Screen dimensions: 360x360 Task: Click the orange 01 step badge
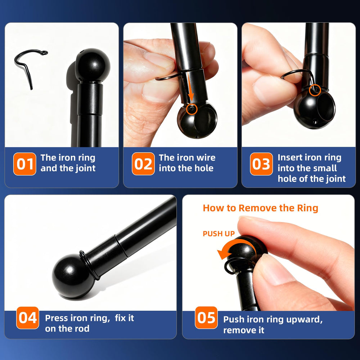click(x=24, y=164)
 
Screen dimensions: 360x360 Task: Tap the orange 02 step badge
click(x=143, y=164)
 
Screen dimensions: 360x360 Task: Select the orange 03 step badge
click(x=261, y=164)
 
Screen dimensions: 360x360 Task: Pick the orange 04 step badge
click(x=28, y=318)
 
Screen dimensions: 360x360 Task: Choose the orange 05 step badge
click(x=206, y=318)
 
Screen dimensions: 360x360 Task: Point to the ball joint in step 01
click(x=93, y=65)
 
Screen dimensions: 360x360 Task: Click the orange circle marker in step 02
click(x=192, y=109)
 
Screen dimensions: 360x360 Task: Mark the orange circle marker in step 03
click(x=315, y=90)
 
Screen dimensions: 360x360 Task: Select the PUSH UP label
click(x=219, y=234)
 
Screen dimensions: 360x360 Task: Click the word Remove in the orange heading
click(x=258, y=208)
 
